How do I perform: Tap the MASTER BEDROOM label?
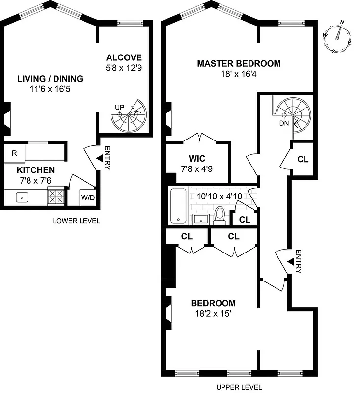click(x=239, y=63)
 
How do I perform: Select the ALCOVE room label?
click(x=124, y=57)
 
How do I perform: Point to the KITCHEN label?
click(x=35, y=170)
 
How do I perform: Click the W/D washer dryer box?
click(x=88, y=198)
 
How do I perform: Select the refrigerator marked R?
click(x=14, y=153)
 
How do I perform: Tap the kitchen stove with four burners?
click(x=56, y=197)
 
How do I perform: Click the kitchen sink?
click(x=22, y=197)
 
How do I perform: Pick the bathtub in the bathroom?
click(x=178, y=205)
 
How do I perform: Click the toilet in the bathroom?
click(x=220, y=215)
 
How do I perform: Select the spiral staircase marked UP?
click(x=129, y=115)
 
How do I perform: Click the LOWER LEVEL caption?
click(x=76, y=221)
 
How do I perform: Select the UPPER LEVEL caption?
click(x=239, y=387)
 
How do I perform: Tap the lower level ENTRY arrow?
click(x=100, y=158)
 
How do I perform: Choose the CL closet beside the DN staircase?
click(x=303, y=159)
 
